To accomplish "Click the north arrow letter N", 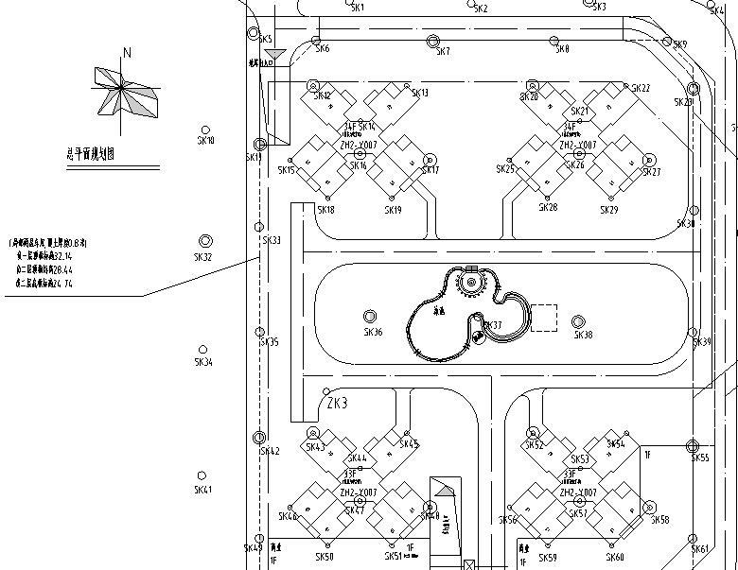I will (x=127, y=53).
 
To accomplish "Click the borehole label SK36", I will (x=373, y=333).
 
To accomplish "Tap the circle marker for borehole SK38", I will (x=578, y=322).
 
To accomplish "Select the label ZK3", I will (x=337, y=404).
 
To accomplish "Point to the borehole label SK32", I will (x=202, y=257).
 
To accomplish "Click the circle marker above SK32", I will (x=205, y=242).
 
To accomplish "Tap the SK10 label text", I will (x=205, y=141).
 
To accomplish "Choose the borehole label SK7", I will (x=443, y=52).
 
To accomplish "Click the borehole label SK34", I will (x=203, y=362).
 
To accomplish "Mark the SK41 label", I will (x=203, y=490).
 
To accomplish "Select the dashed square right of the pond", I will (x=543, y=319).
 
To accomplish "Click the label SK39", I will (x=702, y=342).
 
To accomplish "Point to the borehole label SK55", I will (x=700, y=458).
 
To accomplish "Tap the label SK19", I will (x=394, y=210).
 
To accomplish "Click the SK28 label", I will (x=548, y=207).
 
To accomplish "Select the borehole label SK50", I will (x=324, y=557).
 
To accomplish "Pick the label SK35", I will (x=270, y=342).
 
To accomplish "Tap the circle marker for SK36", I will (x=369, y=317).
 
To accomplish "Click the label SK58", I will (x=659, y=520).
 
